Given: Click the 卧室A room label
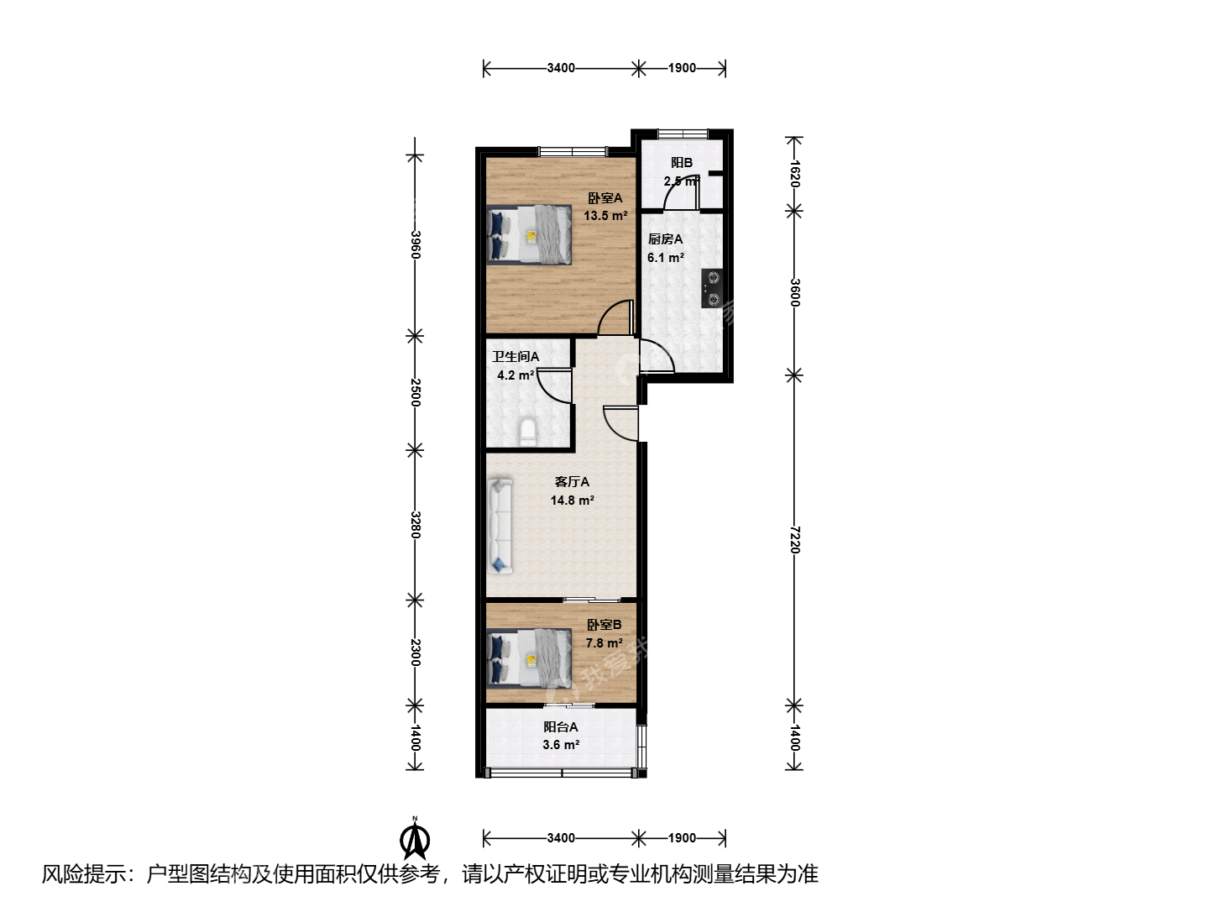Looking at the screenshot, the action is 604,198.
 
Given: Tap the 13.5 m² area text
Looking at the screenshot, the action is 605,216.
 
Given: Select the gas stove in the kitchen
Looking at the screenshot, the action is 712,289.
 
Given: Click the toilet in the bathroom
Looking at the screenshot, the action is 527,432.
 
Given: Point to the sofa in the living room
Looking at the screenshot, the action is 500,527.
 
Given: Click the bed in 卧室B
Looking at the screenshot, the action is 529,658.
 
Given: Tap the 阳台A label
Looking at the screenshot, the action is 561,727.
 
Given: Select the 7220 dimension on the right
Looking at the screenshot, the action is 794,540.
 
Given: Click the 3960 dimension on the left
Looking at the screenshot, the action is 416,244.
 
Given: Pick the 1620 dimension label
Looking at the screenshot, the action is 794,174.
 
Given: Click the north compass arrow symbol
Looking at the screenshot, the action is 415,839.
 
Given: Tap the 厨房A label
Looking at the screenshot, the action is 665,239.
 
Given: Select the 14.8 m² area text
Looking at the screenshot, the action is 573,501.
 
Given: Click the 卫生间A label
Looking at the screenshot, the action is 516,357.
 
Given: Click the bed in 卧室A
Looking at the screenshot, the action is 529,235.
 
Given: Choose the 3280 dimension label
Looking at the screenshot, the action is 416,525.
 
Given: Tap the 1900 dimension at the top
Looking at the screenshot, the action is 682,68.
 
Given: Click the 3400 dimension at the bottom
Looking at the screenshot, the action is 561,837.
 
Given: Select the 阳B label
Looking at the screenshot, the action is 682,162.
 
